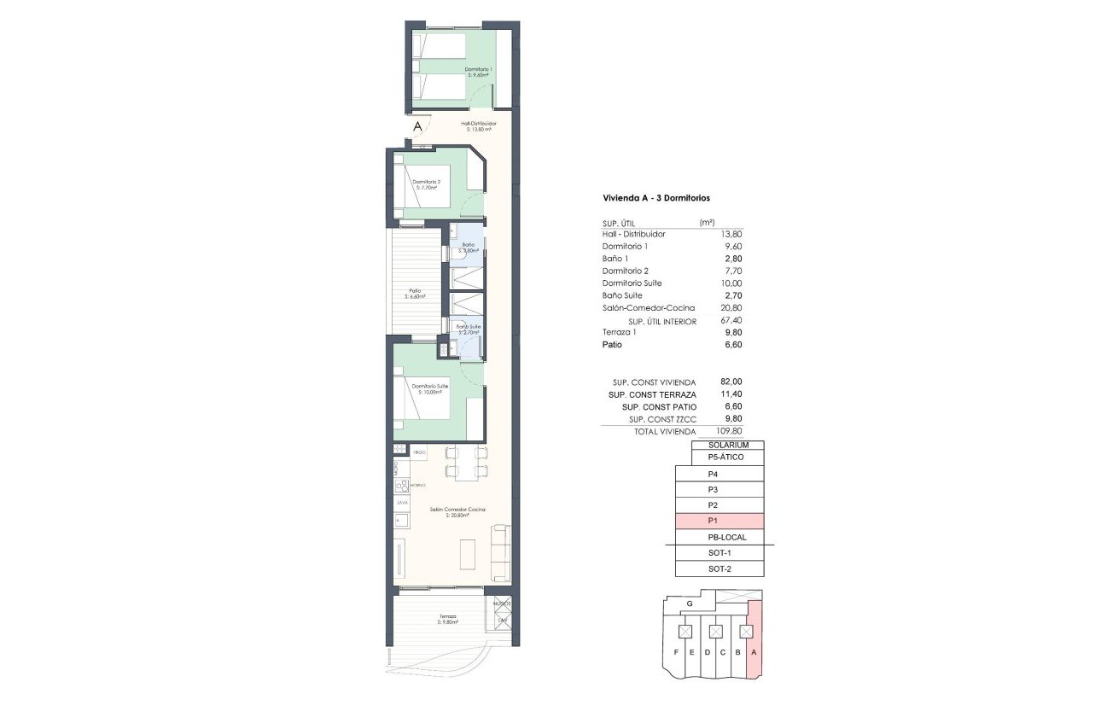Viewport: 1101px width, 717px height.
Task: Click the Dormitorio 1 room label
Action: click(479, 72)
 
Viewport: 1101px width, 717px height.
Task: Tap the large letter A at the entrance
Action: click(417, 126)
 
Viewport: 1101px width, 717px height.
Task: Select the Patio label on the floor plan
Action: click(416, 294)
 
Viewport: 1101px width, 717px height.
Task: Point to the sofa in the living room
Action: click(501, 554)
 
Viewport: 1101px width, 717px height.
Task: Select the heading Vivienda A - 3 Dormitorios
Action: click(656, 197)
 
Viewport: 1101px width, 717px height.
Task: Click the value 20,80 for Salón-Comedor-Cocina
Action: click(732, 307)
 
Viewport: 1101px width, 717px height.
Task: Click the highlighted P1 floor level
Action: click(719, 521)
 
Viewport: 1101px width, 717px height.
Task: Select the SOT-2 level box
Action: click(719, 568)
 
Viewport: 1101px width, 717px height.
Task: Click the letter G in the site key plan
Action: click(689, 603)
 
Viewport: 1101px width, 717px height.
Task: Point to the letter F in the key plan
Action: click(675, 653)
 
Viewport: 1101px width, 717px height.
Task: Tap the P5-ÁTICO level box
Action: click(725, 458)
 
